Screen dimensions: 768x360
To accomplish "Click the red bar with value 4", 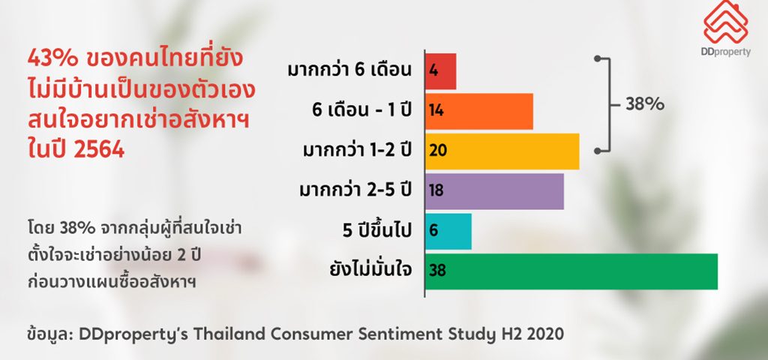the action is pyautogui.click(x=440, y=71).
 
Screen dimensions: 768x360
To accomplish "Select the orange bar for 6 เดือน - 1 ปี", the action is pyautogui.click(x=479, y=111).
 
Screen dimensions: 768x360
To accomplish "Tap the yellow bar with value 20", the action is pyautogui.click(x=502, y=151).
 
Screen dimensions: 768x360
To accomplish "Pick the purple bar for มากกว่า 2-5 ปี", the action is pyautogui.click(x=494, y=191).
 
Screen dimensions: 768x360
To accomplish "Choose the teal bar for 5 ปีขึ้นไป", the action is pyautogui.click(x=448, y=231).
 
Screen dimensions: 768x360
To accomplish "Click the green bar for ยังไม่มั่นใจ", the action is pyautogui.click(x=571, y=271).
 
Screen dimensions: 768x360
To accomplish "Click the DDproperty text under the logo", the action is pyautogui.click(x=726, y=52).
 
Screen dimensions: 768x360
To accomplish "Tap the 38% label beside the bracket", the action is pyautogui.click(x=644, y=104).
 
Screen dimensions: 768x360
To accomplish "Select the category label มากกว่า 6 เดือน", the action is pyautogui.click(x=349, y=70).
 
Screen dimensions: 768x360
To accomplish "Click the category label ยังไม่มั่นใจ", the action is pyautogui.click(x=370, y=270).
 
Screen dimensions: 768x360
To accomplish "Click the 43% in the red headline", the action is pyautogui.click(x=52, y=59).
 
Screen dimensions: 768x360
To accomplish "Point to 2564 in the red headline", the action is pyautogui.click(x=99, y=150).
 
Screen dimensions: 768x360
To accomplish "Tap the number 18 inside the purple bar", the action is pyautogui.click(x=436, y=190).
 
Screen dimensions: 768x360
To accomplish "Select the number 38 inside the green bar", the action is pyautogui.click(x=437, y=270).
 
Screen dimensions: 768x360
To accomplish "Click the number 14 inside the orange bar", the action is pyautogui.click(x=436, y=111).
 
